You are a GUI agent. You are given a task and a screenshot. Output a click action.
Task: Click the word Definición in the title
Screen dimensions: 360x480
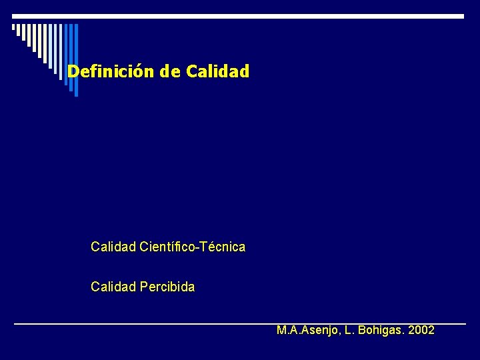pos(111,71)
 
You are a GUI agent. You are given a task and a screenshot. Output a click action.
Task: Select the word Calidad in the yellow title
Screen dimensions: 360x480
pos(218,71)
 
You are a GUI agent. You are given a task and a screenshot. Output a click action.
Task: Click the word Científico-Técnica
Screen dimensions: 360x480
pos(193,247)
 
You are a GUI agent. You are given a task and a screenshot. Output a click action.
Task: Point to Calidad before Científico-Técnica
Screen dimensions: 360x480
pos(113,247)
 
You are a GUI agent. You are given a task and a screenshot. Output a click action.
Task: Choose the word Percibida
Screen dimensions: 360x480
pos(168,287)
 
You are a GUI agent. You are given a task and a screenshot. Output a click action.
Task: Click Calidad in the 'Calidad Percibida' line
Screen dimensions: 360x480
pos(113,287)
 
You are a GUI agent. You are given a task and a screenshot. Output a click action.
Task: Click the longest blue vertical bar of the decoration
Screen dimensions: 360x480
pos(76,60)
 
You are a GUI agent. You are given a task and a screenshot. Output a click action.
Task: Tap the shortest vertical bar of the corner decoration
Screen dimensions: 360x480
pos(14,28)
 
